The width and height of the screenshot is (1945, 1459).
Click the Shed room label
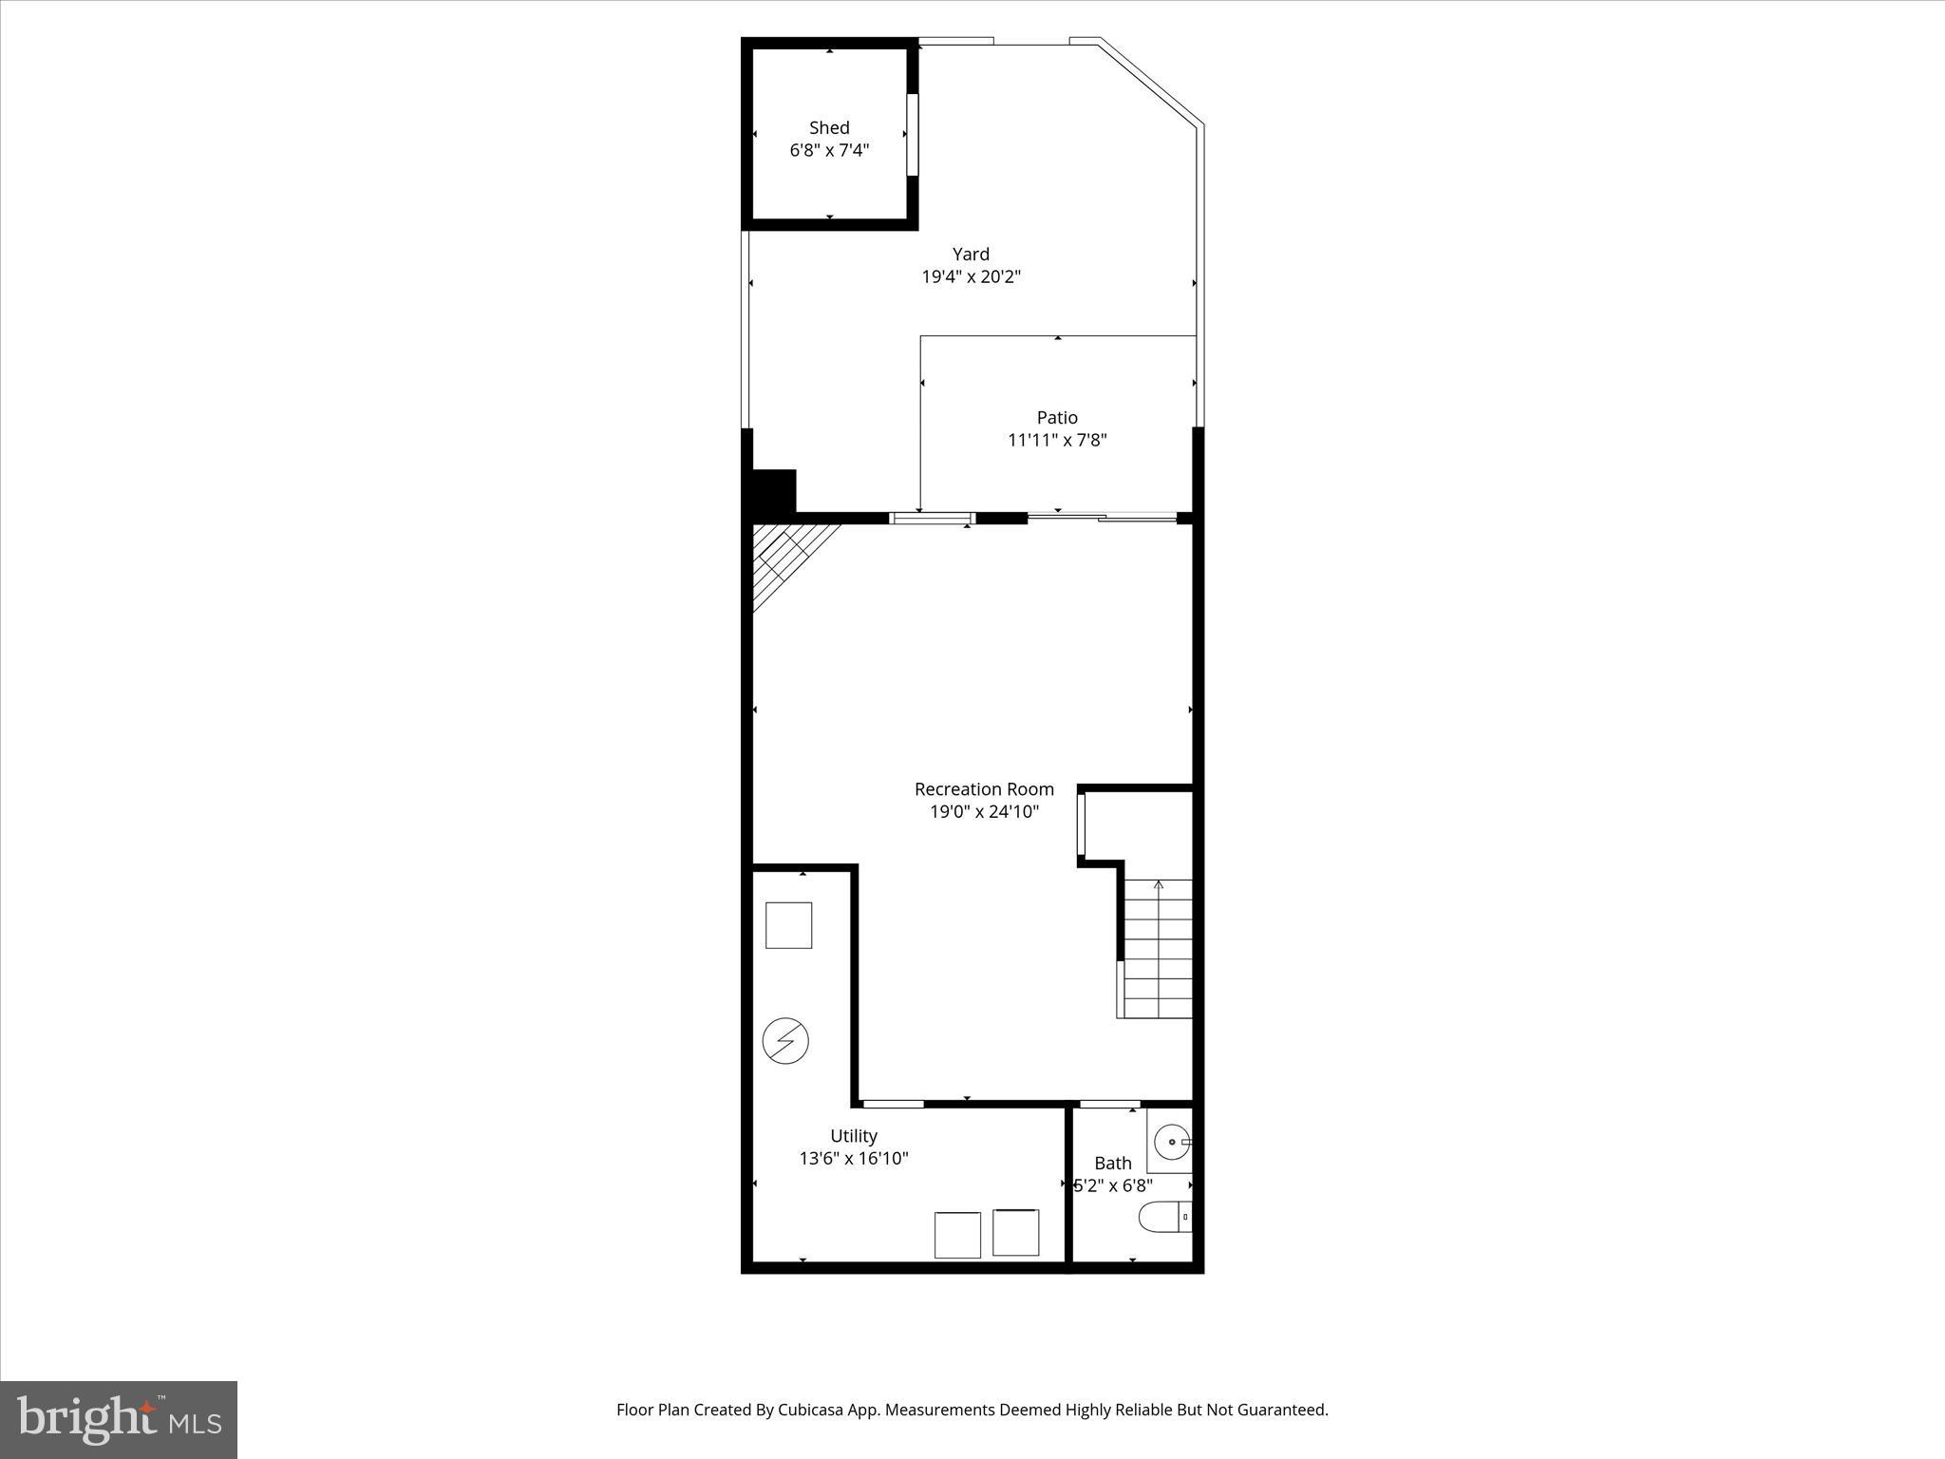[x=829, y=127]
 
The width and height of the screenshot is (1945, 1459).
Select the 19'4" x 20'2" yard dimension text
[x=971, y=277]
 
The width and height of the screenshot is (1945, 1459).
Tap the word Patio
[x=1057, y=417]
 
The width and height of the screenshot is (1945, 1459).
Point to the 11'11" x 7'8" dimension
[x=1057, y=441]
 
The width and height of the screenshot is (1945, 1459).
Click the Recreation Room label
[x=984, y=789]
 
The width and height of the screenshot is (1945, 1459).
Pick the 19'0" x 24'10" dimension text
[x=984, y=812]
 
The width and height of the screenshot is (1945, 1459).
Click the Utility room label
[x=854, y=1136]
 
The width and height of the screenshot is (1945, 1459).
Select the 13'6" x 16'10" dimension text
[x=854, y=1159]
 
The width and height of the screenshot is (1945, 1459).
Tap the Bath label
[x=1113, y=1164]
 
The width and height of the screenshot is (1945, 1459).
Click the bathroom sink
[x=1171, y=1140]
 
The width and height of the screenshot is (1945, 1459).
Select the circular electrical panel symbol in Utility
[x=785, y=1041]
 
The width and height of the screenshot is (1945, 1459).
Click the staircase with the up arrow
[x=1158, y=950]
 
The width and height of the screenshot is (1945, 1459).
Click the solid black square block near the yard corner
[x=774, y=491]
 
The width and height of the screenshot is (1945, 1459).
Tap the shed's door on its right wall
[x=913, y=135]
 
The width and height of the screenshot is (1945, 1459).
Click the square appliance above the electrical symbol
[x=788, y=925]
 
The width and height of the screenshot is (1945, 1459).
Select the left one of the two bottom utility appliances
[x=957, y=1235]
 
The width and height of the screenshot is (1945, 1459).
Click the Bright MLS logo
[x=119, y=1419]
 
